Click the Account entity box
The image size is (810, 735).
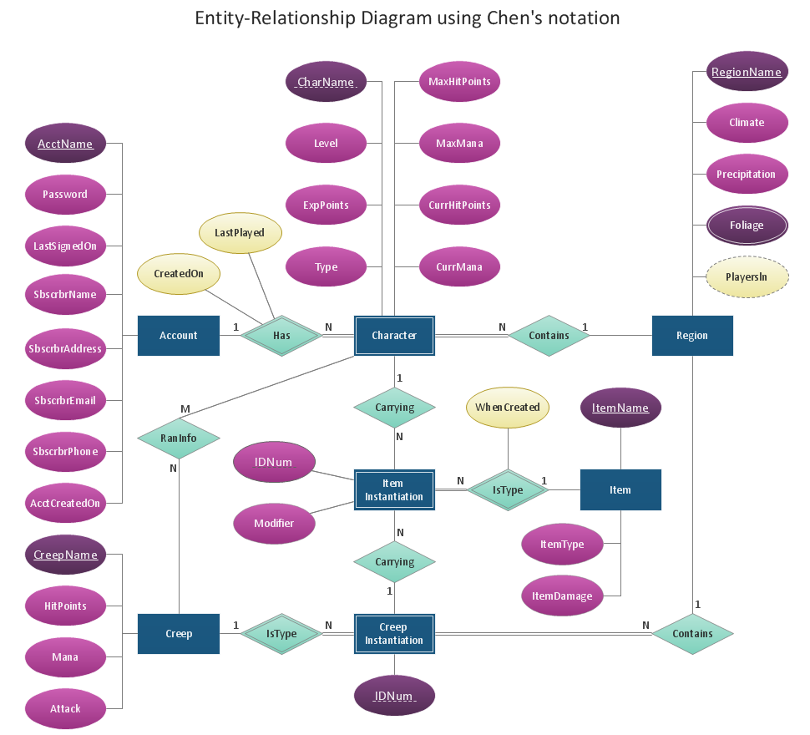tap(178, 336)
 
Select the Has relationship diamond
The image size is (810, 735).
tap(281, 336)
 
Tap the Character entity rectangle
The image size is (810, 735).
tap(394, 336)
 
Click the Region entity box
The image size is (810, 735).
tap(691, 336)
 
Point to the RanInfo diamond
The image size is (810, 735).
tap(179, 437)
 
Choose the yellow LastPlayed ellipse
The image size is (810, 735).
tap(240, 233)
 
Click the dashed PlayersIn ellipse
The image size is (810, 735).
tap(747, 277)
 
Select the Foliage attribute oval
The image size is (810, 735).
tap(747, 226)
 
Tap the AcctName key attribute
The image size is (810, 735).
tap(65, 144)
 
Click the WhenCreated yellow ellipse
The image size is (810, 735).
tap(507, 408)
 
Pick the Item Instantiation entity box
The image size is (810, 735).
tap(394, 490)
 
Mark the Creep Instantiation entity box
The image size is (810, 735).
tap(394, 634)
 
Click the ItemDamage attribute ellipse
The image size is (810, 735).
tap(561, 596)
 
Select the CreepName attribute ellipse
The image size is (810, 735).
tap(65, 555)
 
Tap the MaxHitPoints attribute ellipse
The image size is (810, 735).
tap(459, 82)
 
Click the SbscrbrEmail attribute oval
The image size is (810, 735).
tap(65, 401)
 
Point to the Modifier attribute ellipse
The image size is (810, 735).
tap(274, 524)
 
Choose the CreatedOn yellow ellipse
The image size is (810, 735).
tap(177, 273)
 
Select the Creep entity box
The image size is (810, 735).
tap(178, 634)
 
